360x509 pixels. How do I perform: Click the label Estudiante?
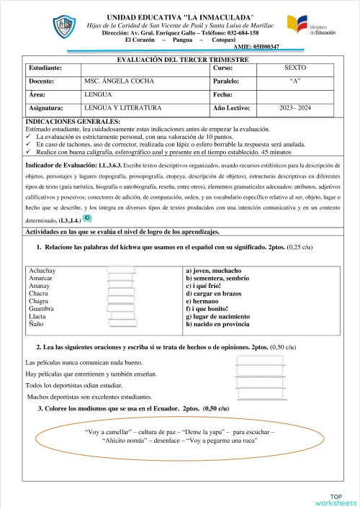pyautogui.click(x=45, y=67)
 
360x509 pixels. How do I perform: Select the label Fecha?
pyautogui.click(x=223, y=94)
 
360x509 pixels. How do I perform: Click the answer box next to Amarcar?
pyautogui.click(x=122, y=279)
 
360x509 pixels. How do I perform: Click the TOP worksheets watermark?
pyautogui.click(x=335, y=499)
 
